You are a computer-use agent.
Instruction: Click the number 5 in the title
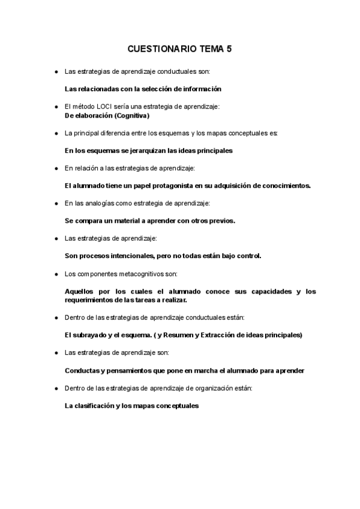click(x=229, y=50)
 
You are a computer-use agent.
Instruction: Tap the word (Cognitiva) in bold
click(x=131, y=115)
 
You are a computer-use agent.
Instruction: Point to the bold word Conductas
click(x=83, y=370)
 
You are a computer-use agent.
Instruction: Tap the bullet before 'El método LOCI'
click(x=56, y=106)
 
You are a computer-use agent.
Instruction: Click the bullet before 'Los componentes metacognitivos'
click(x=56, y=274)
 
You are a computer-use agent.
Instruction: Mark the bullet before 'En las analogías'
click(x=56, y=203)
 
